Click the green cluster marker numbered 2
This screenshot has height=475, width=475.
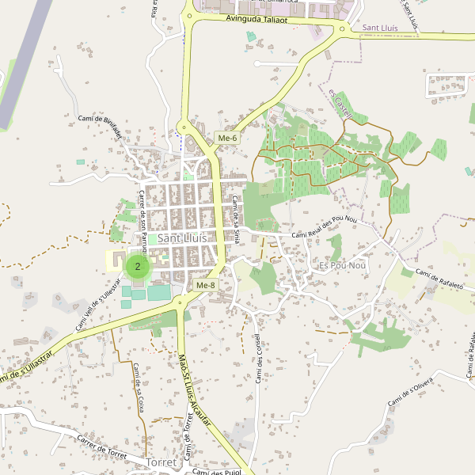(x=138, y=267)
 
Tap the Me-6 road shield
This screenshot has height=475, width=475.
(x=227, y=139)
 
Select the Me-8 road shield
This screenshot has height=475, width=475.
(x=205, y=285)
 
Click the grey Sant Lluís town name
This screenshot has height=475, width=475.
(x=182, y=237)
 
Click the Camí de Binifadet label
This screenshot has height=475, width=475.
(x=100, y=126)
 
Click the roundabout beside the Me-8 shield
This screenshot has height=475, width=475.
(x=183, y=300)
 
